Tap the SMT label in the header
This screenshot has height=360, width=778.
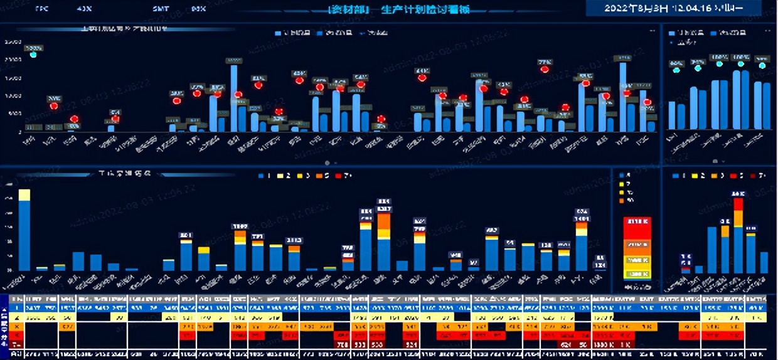tap(161, 9)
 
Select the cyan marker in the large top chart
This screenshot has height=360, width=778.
tap(33, 55)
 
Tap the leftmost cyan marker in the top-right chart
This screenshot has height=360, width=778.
tap(676, 70)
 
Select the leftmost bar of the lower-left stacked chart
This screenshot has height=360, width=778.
tap(24, 232)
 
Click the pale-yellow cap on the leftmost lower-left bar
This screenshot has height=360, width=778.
tap(24, 194)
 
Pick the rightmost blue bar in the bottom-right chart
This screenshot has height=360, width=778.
tap(764, 263)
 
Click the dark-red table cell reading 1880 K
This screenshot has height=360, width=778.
tap(603, 344)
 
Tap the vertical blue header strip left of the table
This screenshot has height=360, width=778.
tap(5, 325)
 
